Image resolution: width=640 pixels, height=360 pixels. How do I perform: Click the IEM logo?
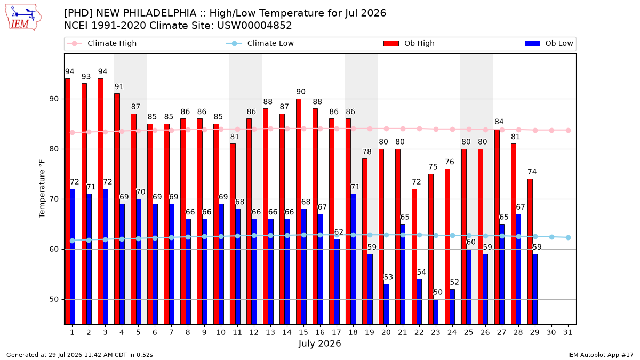[23, 18]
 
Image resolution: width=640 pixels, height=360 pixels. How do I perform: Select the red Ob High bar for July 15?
[299, 212]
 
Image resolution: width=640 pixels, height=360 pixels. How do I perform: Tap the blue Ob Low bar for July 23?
[436, 312]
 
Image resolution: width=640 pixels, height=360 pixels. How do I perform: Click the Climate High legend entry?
[101, 43]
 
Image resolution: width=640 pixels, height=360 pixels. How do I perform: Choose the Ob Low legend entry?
[549, 43]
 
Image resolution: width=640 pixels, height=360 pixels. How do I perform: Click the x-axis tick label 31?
[567, 332]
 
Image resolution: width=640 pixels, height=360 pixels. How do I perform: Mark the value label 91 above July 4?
[119, 86]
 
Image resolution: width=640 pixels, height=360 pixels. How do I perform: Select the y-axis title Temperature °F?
[42, 189]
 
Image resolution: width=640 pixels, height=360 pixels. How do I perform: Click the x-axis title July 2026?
[319, 343]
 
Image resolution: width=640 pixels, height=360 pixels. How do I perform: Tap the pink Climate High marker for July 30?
[551, 130]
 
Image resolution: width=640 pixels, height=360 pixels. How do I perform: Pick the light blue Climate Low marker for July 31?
[569, 237]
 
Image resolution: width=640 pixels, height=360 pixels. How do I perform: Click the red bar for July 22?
[414, 257]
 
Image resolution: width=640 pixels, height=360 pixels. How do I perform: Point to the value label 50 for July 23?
[438, 292]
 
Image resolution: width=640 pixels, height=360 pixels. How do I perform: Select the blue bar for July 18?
[353, 259]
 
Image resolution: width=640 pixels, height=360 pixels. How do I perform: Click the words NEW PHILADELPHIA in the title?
[146, 13]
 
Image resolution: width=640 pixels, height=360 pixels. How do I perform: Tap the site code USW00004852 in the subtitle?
[254, 26]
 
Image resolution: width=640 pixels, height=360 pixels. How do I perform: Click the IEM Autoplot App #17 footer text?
[601, 355]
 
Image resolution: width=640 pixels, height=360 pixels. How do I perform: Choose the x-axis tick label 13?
[270, 332]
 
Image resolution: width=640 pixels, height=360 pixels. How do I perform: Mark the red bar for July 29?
[530, 252]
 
